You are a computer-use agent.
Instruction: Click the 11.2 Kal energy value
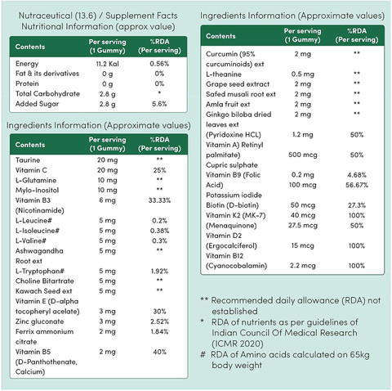pyautogui.click(x=107, y=64)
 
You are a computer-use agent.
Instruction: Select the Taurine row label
pyautogui.click(x=28, y=160)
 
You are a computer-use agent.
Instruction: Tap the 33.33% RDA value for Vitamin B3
pyautogui.click(x=159, y=200)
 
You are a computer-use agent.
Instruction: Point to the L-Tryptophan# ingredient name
pyautogui.click(x=40, y=271)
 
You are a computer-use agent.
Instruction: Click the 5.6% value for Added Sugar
pyautogui.click(x=159, y=104)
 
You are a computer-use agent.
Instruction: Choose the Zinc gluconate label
pyautogui.click(x=39, y=321)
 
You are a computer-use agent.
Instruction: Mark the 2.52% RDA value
pyautogui.click(x=159, y=321)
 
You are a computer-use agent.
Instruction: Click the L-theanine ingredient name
pyautogui.click(x=224, y=74)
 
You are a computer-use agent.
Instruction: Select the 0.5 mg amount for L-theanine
pyautogui.click(x=303, y=74)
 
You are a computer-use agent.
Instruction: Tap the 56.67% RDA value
pyautogui.click(x=357, y=185)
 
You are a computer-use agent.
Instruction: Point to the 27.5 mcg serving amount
pyautogui.click(x=303, y=226)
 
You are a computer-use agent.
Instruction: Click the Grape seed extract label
pyautogui.click(x=238, y=84)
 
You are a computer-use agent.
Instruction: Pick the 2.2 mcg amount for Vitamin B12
pyautogui.click(x=303, y=266)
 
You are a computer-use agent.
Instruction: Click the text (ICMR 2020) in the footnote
pyautogui.click(x=238, y=344)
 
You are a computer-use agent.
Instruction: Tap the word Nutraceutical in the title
pyautogui.click(x=46, y=16)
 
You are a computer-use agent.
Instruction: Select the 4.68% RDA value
pyautogui.click(x=357, y=175)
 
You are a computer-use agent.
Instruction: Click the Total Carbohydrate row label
pyautogui.click(x=47, y=94)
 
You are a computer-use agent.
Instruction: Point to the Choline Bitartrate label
pyautogui.click(x=45, y=281)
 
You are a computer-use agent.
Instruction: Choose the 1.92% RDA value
pyautogui.click(x=159, y=272)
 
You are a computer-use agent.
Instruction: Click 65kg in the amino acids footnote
pyautogui.click(x=359, y=355)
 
